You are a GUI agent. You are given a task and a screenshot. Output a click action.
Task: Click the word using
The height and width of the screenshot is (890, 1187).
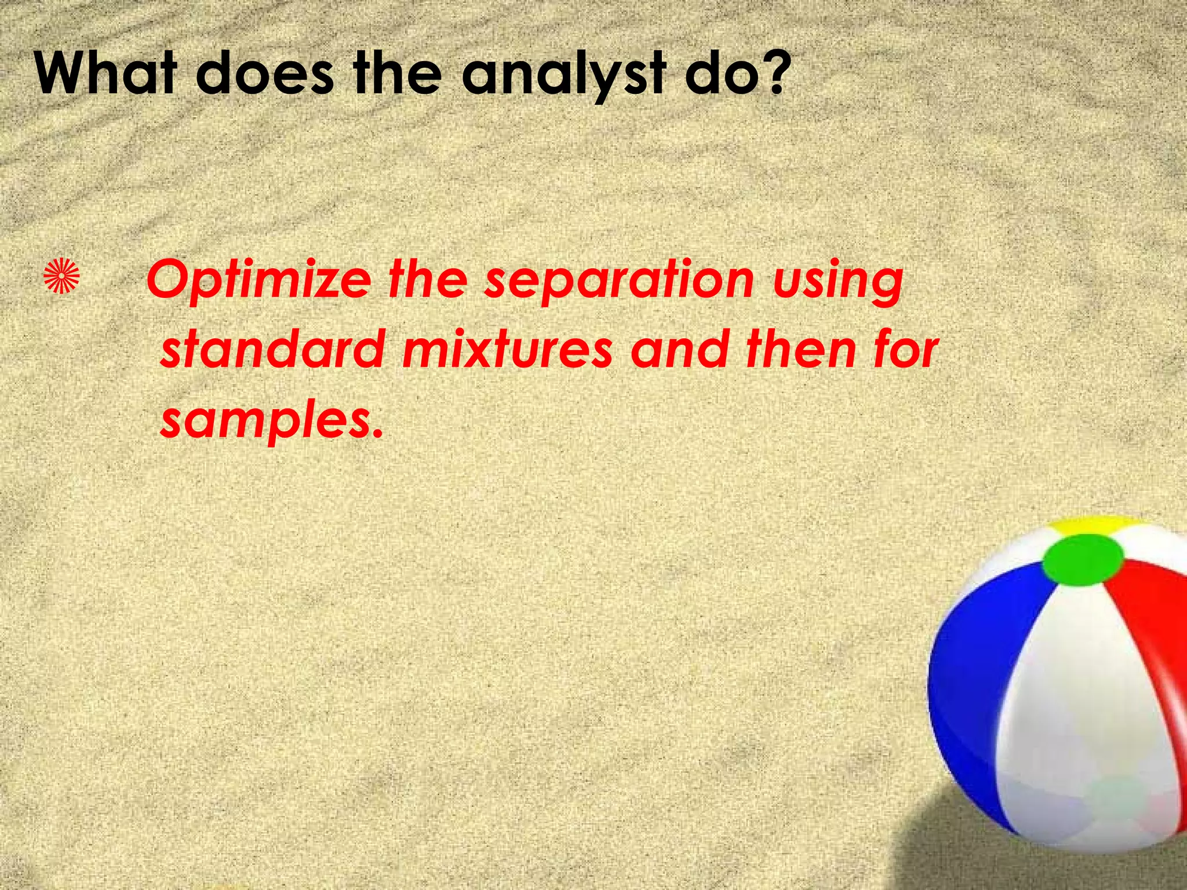[x=838, y=281]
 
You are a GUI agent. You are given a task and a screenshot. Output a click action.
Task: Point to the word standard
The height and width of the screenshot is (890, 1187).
[x=272, y=349]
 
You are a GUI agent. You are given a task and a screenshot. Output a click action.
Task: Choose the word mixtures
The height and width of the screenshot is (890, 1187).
[x=507, y=349]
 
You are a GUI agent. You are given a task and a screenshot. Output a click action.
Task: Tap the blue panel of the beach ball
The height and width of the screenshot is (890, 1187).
[x=980, y=666]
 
